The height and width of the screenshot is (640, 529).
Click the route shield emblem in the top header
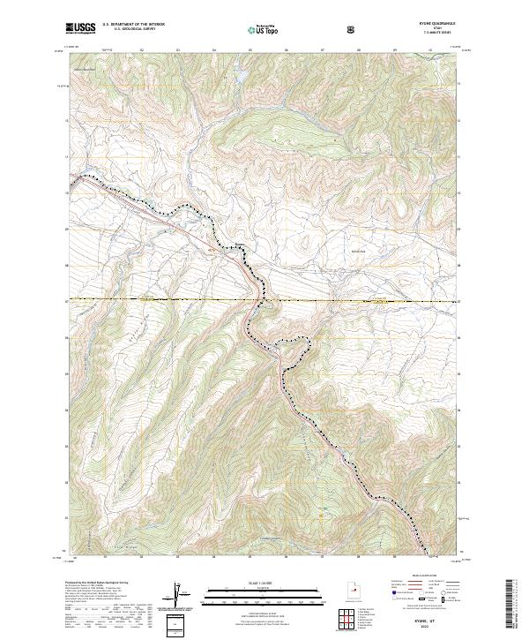(353, 28)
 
